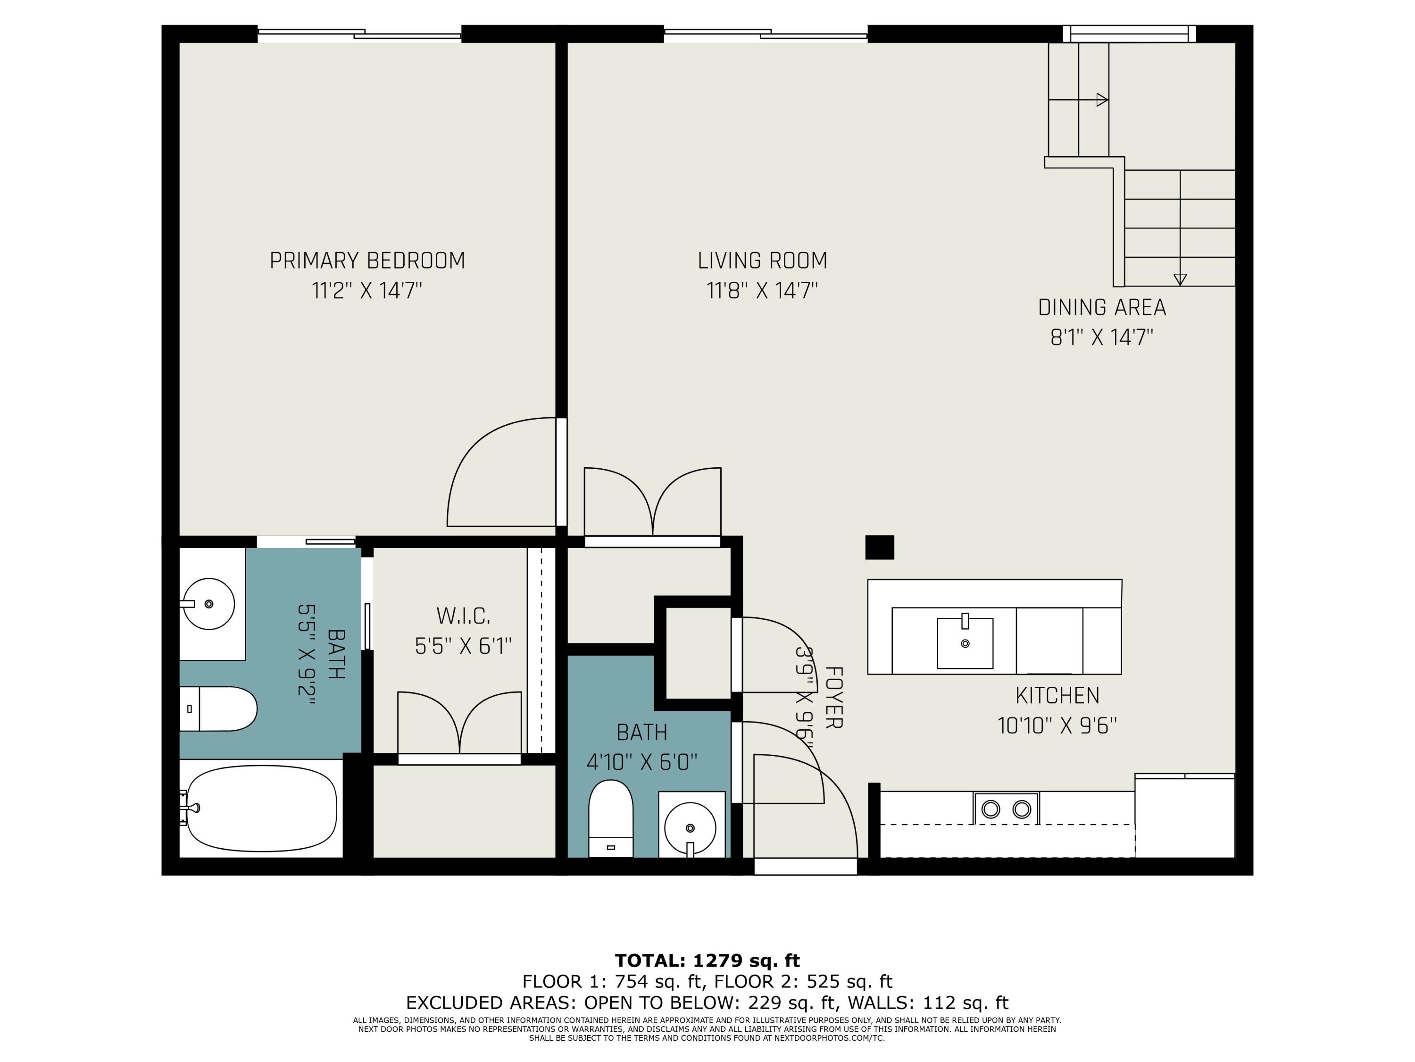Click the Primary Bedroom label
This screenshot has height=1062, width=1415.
click(x=367, y=261)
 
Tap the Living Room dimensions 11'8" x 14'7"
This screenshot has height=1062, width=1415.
click(x=763, y=291)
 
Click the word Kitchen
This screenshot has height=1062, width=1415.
click(x=1057, y=696)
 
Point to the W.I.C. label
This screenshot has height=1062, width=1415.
click(x=463, y=616)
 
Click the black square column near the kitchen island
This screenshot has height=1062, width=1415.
click(x=880, y=548)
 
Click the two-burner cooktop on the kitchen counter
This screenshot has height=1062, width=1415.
click(x=1006, y=809)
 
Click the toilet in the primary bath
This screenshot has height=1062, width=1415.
click(x=218, y=708)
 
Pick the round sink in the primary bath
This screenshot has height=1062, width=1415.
click(x=208, y=604)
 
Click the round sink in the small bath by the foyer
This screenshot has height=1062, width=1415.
click(x=690, y=828)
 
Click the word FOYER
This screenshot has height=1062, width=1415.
click(x=833, y=698)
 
